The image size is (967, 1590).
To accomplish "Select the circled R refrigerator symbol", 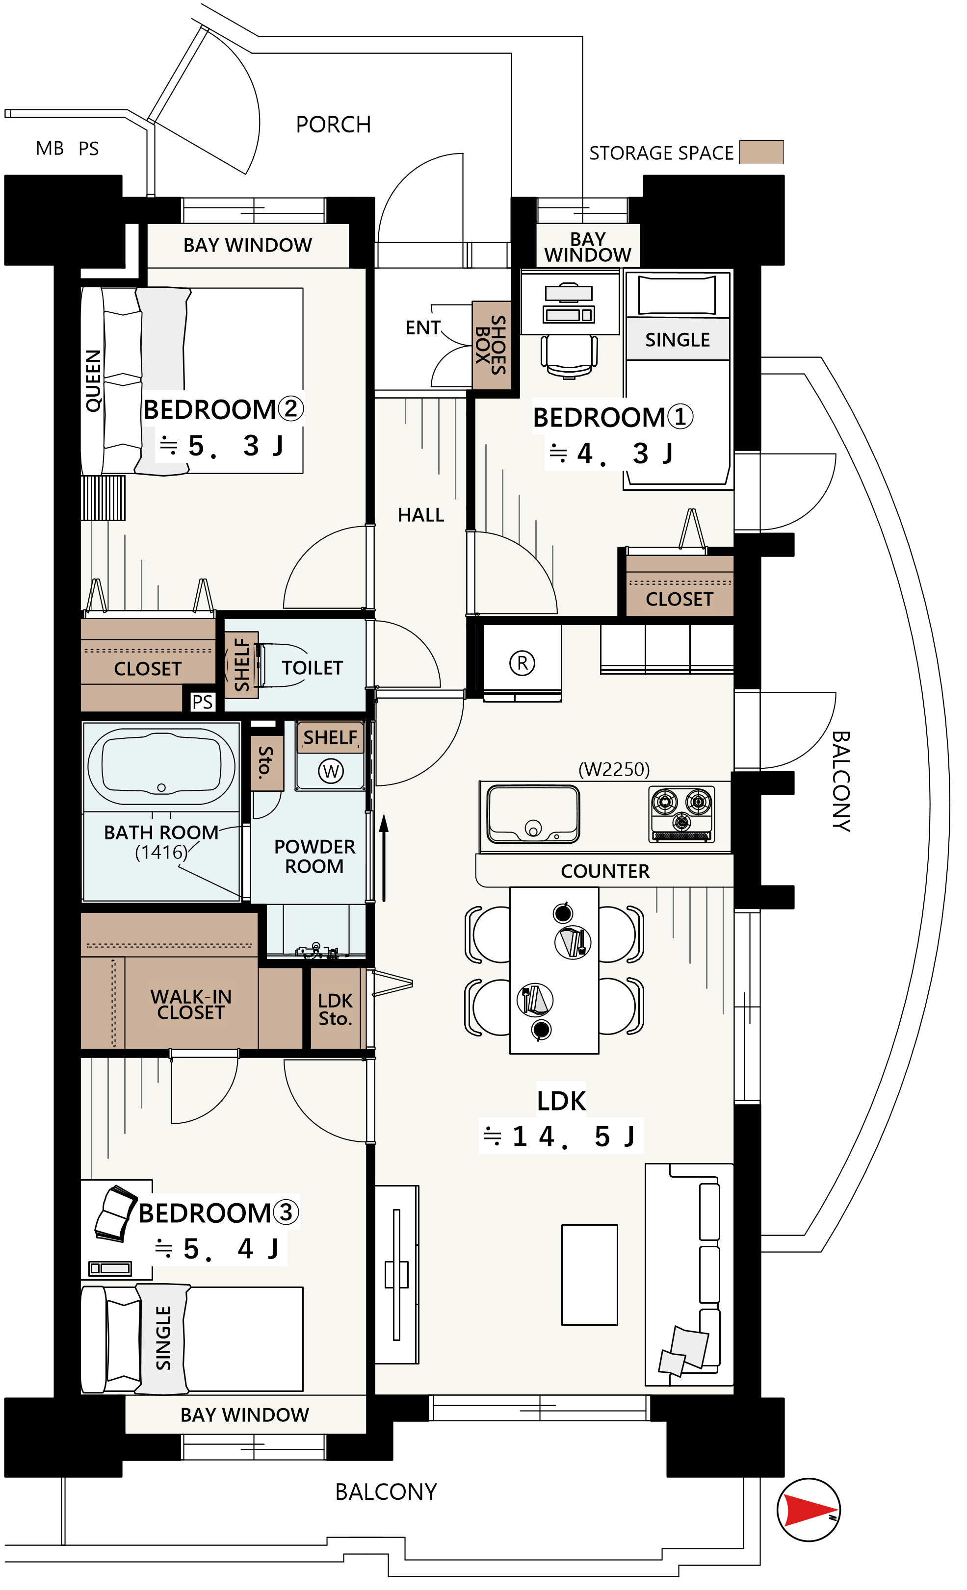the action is (522, 663).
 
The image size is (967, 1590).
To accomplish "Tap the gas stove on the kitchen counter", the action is (681, 814).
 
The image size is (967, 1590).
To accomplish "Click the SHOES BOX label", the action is (491, 345).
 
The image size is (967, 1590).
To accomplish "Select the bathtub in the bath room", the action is (161, 766).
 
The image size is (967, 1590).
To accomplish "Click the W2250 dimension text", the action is (614, 769).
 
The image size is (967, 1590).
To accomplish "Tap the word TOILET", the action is (313, 668).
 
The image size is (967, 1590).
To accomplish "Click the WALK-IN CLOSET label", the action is (191, 1005).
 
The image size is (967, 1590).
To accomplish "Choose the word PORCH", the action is (333, 125).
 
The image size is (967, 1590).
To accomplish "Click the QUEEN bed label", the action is (94, 381).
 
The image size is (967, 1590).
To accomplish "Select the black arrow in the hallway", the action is (384, 858).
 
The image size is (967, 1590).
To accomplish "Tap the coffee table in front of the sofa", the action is (589, 1274).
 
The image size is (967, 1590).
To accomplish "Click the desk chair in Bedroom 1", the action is (569, 355).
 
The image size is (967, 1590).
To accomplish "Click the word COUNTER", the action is (605, 871).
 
